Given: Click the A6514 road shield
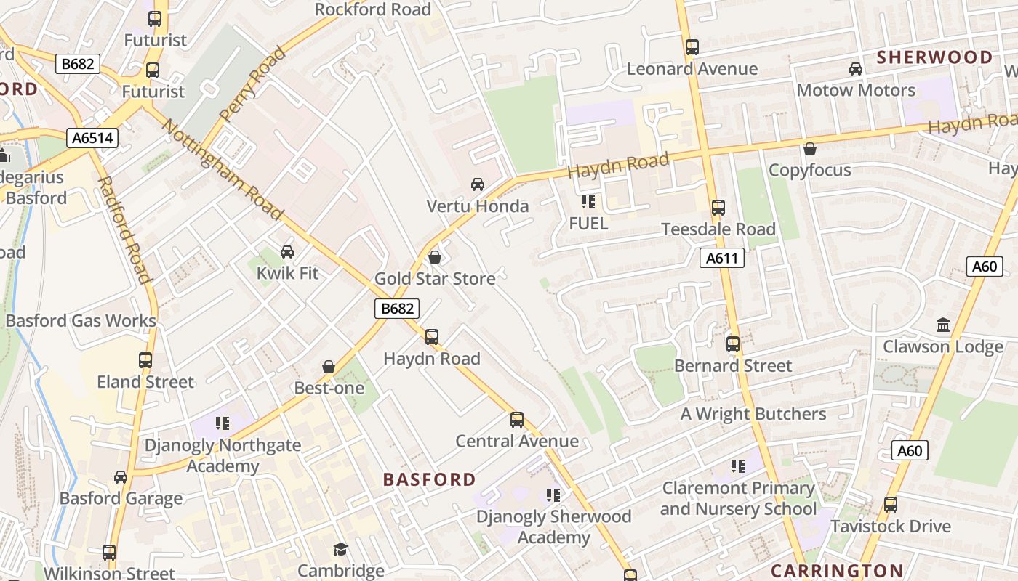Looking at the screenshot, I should (x=93, y=138).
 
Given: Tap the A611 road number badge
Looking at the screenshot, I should (x=722, y=258).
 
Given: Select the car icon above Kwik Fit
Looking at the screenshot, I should (x=287, y=252).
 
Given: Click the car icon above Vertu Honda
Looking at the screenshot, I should (x=478, y=184).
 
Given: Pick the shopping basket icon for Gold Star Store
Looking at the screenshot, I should (x=435, y=257).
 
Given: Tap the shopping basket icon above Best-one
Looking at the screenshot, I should (x=329, y=367).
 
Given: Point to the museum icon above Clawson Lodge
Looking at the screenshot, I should (x=943, y=325).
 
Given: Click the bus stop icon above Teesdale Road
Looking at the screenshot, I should (x=718, y=208).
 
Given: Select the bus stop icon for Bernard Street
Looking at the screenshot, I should (x=733, y=344).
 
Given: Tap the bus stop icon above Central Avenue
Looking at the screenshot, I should (x=517, y=420).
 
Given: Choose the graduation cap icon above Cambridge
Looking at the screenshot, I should (x=340, y=549).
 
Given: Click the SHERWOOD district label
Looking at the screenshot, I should (x=934, y=57).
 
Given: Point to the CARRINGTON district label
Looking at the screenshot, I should (x=837, y=571).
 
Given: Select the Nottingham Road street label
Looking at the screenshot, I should (x=222, y=169).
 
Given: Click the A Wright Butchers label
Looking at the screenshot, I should (x=753, y=414).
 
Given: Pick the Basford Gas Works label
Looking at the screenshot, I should (x=81, y=320).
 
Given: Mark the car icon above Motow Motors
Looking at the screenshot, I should (x=856, y=69).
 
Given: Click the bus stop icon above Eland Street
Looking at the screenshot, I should (x=145, y=360).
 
